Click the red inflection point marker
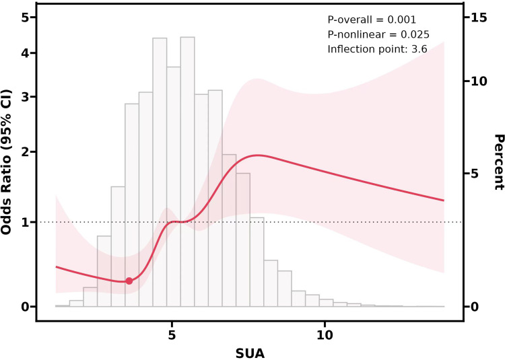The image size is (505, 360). [x=129, y=281]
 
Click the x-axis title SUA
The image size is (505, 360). [x=249, y=351]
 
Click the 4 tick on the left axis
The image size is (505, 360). [x=24, y=53]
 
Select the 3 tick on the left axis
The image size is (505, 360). [x=24, y=97]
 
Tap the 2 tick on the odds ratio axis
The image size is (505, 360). [x=24, y=152]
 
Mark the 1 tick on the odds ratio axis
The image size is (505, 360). [x=24, y=222]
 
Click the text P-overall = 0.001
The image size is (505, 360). [x=372, y=20]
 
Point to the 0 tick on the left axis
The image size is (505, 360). [x=24, y=307]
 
